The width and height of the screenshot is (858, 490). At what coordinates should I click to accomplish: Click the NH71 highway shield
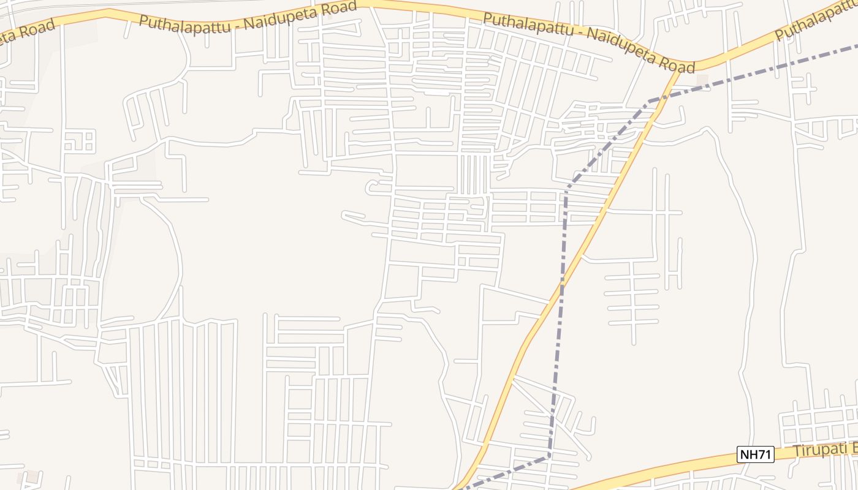756,454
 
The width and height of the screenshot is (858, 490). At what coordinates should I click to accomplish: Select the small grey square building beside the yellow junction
702,80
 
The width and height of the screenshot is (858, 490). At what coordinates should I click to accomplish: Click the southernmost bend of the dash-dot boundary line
549,456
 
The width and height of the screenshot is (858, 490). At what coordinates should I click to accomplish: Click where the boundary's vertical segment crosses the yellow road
561,288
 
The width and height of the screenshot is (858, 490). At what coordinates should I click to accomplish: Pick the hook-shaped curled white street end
371,187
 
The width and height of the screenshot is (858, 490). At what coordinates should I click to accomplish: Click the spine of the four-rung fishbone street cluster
633,300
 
